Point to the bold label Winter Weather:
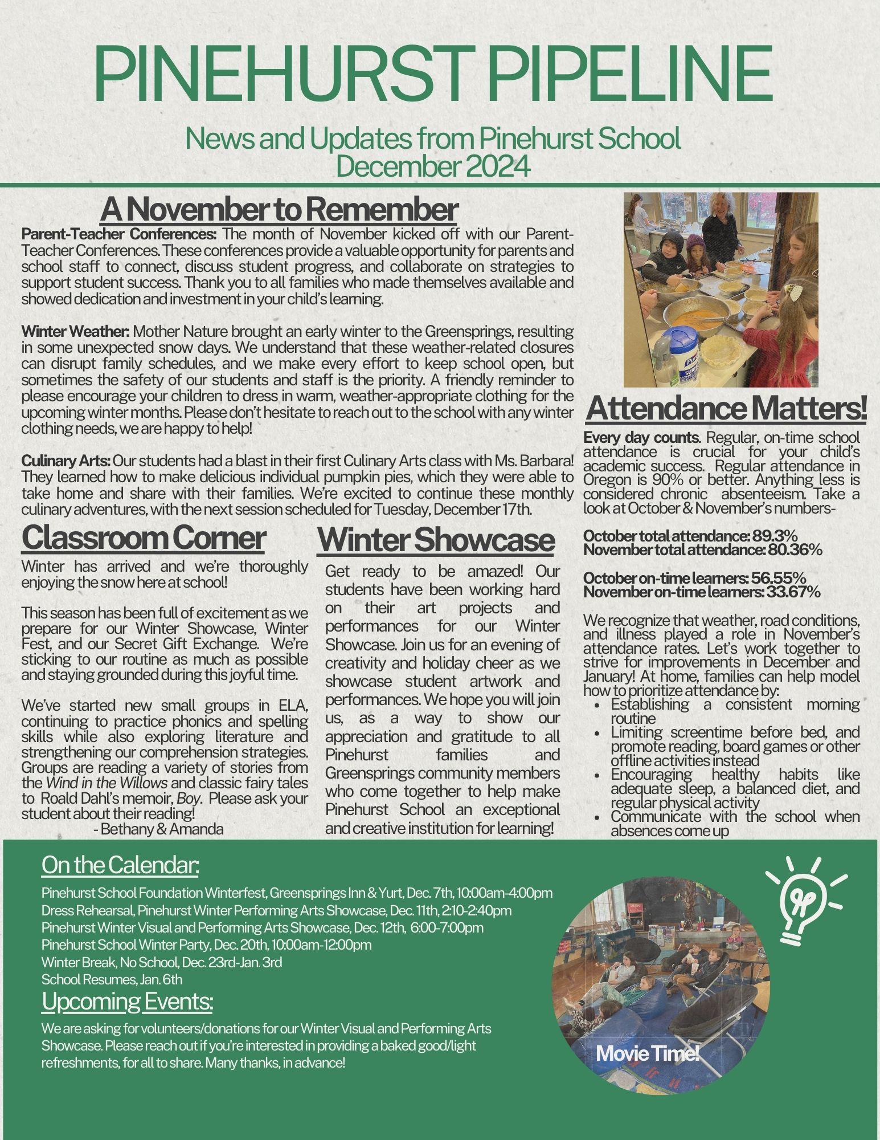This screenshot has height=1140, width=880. tap(76, 332)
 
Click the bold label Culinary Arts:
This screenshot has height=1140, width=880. tap(66, 461)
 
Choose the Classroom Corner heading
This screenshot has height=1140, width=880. tap(143, 538)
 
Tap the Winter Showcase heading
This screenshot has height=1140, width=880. tap(436, 540)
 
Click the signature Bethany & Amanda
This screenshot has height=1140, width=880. tap(162, 829)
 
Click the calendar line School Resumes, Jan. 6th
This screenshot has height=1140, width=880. tap(112, 980)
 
